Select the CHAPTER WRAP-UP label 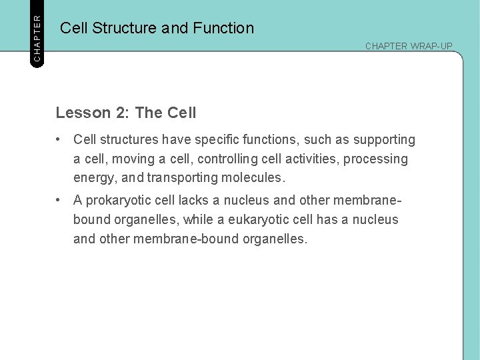(408, 46)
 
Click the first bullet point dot (60, 140)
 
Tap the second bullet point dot (60, 200)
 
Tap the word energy (95, 179)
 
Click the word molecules (255, 179)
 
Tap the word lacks (193, 200)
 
